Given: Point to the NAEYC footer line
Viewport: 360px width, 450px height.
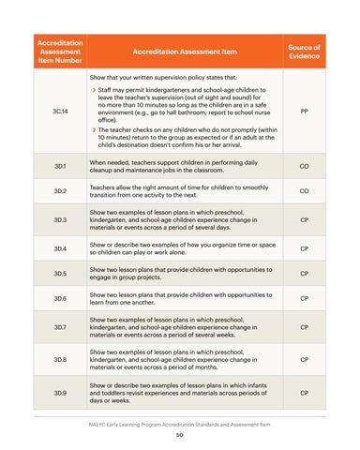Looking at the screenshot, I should [180, 425].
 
